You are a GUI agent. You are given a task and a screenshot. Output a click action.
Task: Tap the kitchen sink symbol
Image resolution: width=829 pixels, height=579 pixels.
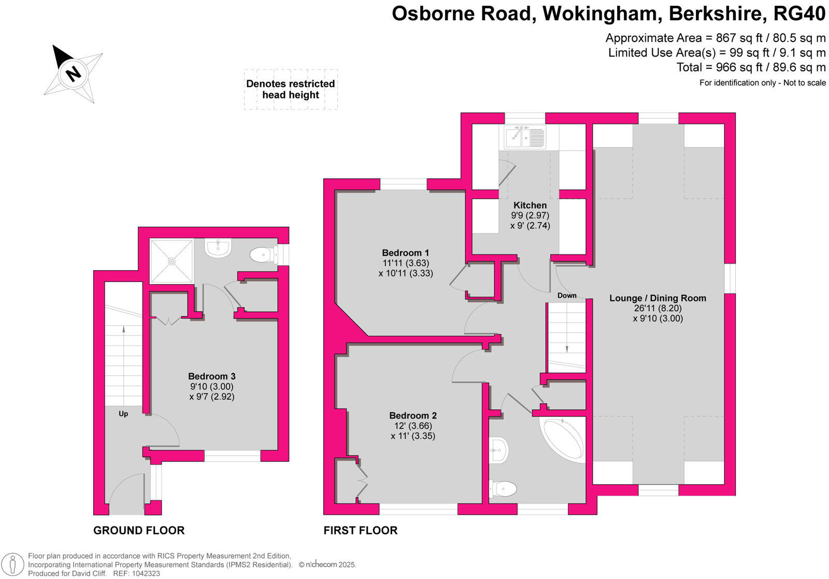pyautogui.click(x=525, y=138)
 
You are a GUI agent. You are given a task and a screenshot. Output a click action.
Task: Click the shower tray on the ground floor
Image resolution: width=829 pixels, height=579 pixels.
pyautogui.click(x=171, y=261)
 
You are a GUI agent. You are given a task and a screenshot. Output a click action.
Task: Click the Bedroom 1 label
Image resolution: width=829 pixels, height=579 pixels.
pyautogui.click(x=405, y=253)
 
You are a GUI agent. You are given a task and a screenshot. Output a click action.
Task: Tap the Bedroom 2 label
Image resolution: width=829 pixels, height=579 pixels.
pyautogui.click(x=412, y=415)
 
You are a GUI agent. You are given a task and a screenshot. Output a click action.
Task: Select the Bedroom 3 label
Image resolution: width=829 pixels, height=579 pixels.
pyautogui.click(x=211, y=376)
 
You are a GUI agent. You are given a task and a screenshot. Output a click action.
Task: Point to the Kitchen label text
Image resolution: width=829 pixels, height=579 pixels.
pyautogui.click(x=530, y=205)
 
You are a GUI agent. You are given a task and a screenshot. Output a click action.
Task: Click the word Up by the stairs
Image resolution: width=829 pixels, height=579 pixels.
pyautogui.click(x=123, y=414)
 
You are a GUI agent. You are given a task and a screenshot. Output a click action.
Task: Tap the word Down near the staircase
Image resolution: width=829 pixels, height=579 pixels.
pyautogui.click(x=567, y=296)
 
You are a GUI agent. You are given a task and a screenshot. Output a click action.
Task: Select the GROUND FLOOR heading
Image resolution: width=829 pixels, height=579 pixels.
pyautogui.click(x=138, y=530)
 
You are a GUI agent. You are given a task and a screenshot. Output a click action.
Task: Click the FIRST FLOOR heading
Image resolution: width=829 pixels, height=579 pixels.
pyautogui.click(x=360, y=530)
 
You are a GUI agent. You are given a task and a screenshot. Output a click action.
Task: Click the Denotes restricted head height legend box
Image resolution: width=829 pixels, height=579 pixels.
pyautogui.click(x=291, y=89)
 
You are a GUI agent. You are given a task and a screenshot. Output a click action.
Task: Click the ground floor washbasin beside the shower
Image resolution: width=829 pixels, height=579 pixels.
pyautogui.click(x=218, y=249)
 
